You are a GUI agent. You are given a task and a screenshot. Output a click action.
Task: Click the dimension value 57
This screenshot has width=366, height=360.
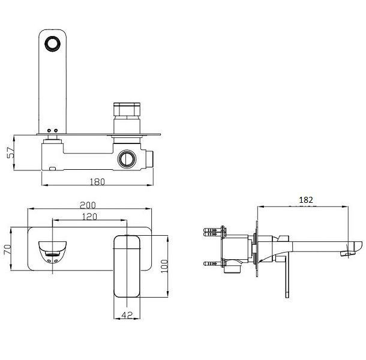pos(11,152)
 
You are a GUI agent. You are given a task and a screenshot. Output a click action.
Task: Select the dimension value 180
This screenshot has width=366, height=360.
pos(97,182)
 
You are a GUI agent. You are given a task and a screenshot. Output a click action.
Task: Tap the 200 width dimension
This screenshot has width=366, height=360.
pos(88,205)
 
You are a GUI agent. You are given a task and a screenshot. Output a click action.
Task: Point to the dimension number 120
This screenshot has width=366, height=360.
pos(89,217)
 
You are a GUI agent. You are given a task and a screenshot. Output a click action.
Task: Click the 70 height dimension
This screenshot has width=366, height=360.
pos(7,250)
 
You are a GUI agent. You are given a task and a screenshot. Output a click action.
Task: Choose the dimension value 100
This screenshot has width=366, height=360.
pos(164,266)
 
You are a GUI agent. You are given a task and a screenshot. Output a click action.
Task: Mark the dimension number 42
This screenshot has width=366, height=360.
pos(127,315)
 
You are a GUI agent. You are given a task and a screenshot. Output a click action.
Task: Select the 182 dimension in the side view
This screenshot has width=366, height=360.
pos(306,200)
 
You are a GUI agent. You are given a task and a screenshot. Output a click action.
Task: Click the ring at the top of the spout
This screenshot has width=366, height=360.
pos(53,44)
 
